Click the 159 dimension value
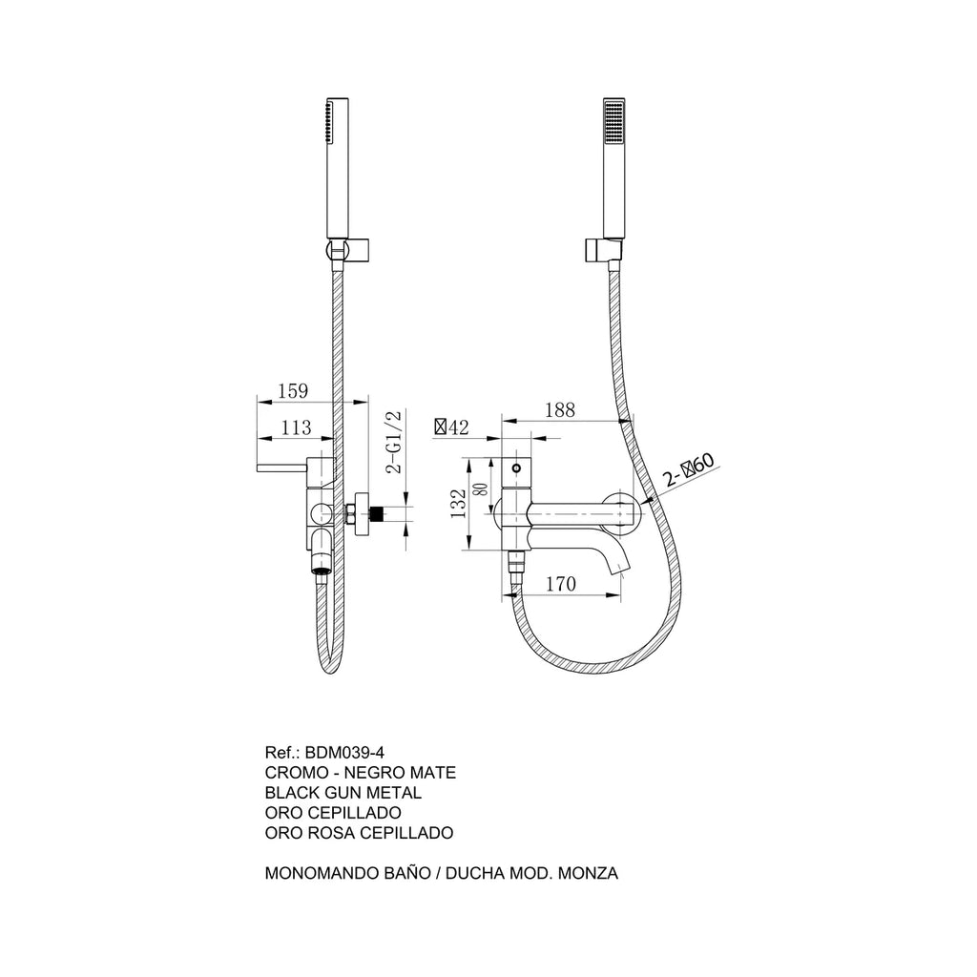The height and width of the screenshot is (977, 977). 293,390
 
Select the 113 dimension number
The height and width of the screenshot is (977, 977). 296,427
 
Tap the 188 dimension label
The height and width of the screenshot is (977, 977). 559,409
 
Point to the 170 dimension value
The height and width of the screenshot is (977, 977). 561,584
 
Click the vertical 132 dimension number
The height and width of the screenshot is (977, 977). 459,504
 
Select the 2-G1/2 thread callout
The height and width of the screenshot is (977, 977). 395,442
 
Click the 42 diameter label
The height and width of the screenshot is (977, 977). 451,427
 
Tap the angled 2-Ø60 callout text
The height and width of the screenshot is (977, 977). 689,470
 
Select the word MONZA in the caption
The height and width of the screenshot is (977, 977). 588,873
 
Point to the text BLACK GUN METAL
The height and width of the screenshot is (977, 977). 343,793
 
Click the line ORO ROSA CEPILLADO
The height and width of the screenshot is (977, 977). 359,832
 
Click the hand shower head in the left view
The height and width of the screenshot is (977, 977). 337,168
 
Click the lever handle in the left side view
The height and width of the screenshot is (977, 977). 281,468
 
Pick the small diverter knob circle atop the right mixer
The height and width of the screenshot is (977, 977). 515,468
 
